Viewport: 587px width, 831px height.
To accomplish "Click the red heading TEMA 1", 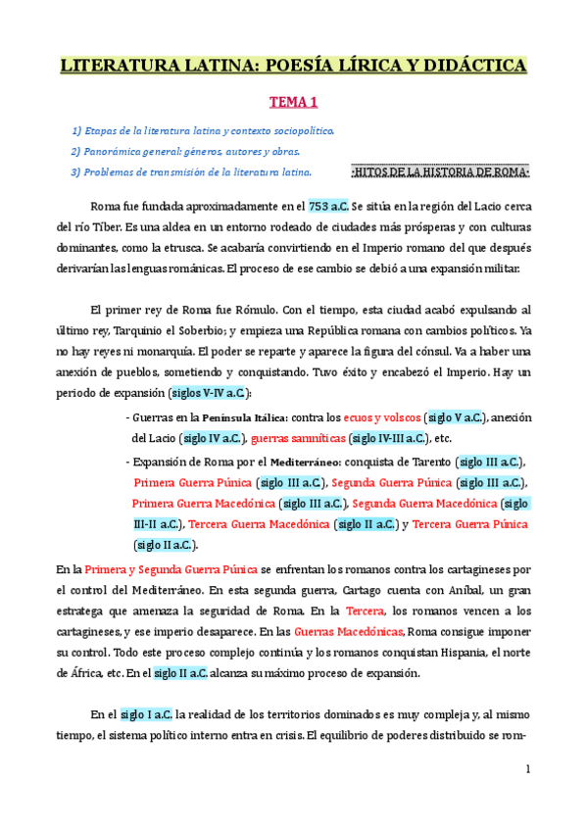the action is (x=293, y=101).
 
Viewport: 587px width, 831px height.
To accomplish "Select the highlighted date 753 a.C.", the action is (x=328, y=207).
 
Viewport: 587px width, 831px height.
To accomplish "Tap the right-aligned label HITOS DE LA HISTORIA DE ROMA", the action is (x=439, y=172).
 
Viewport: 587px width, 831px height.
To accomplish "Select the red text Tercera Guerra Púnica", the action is (x=470, y=524).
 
